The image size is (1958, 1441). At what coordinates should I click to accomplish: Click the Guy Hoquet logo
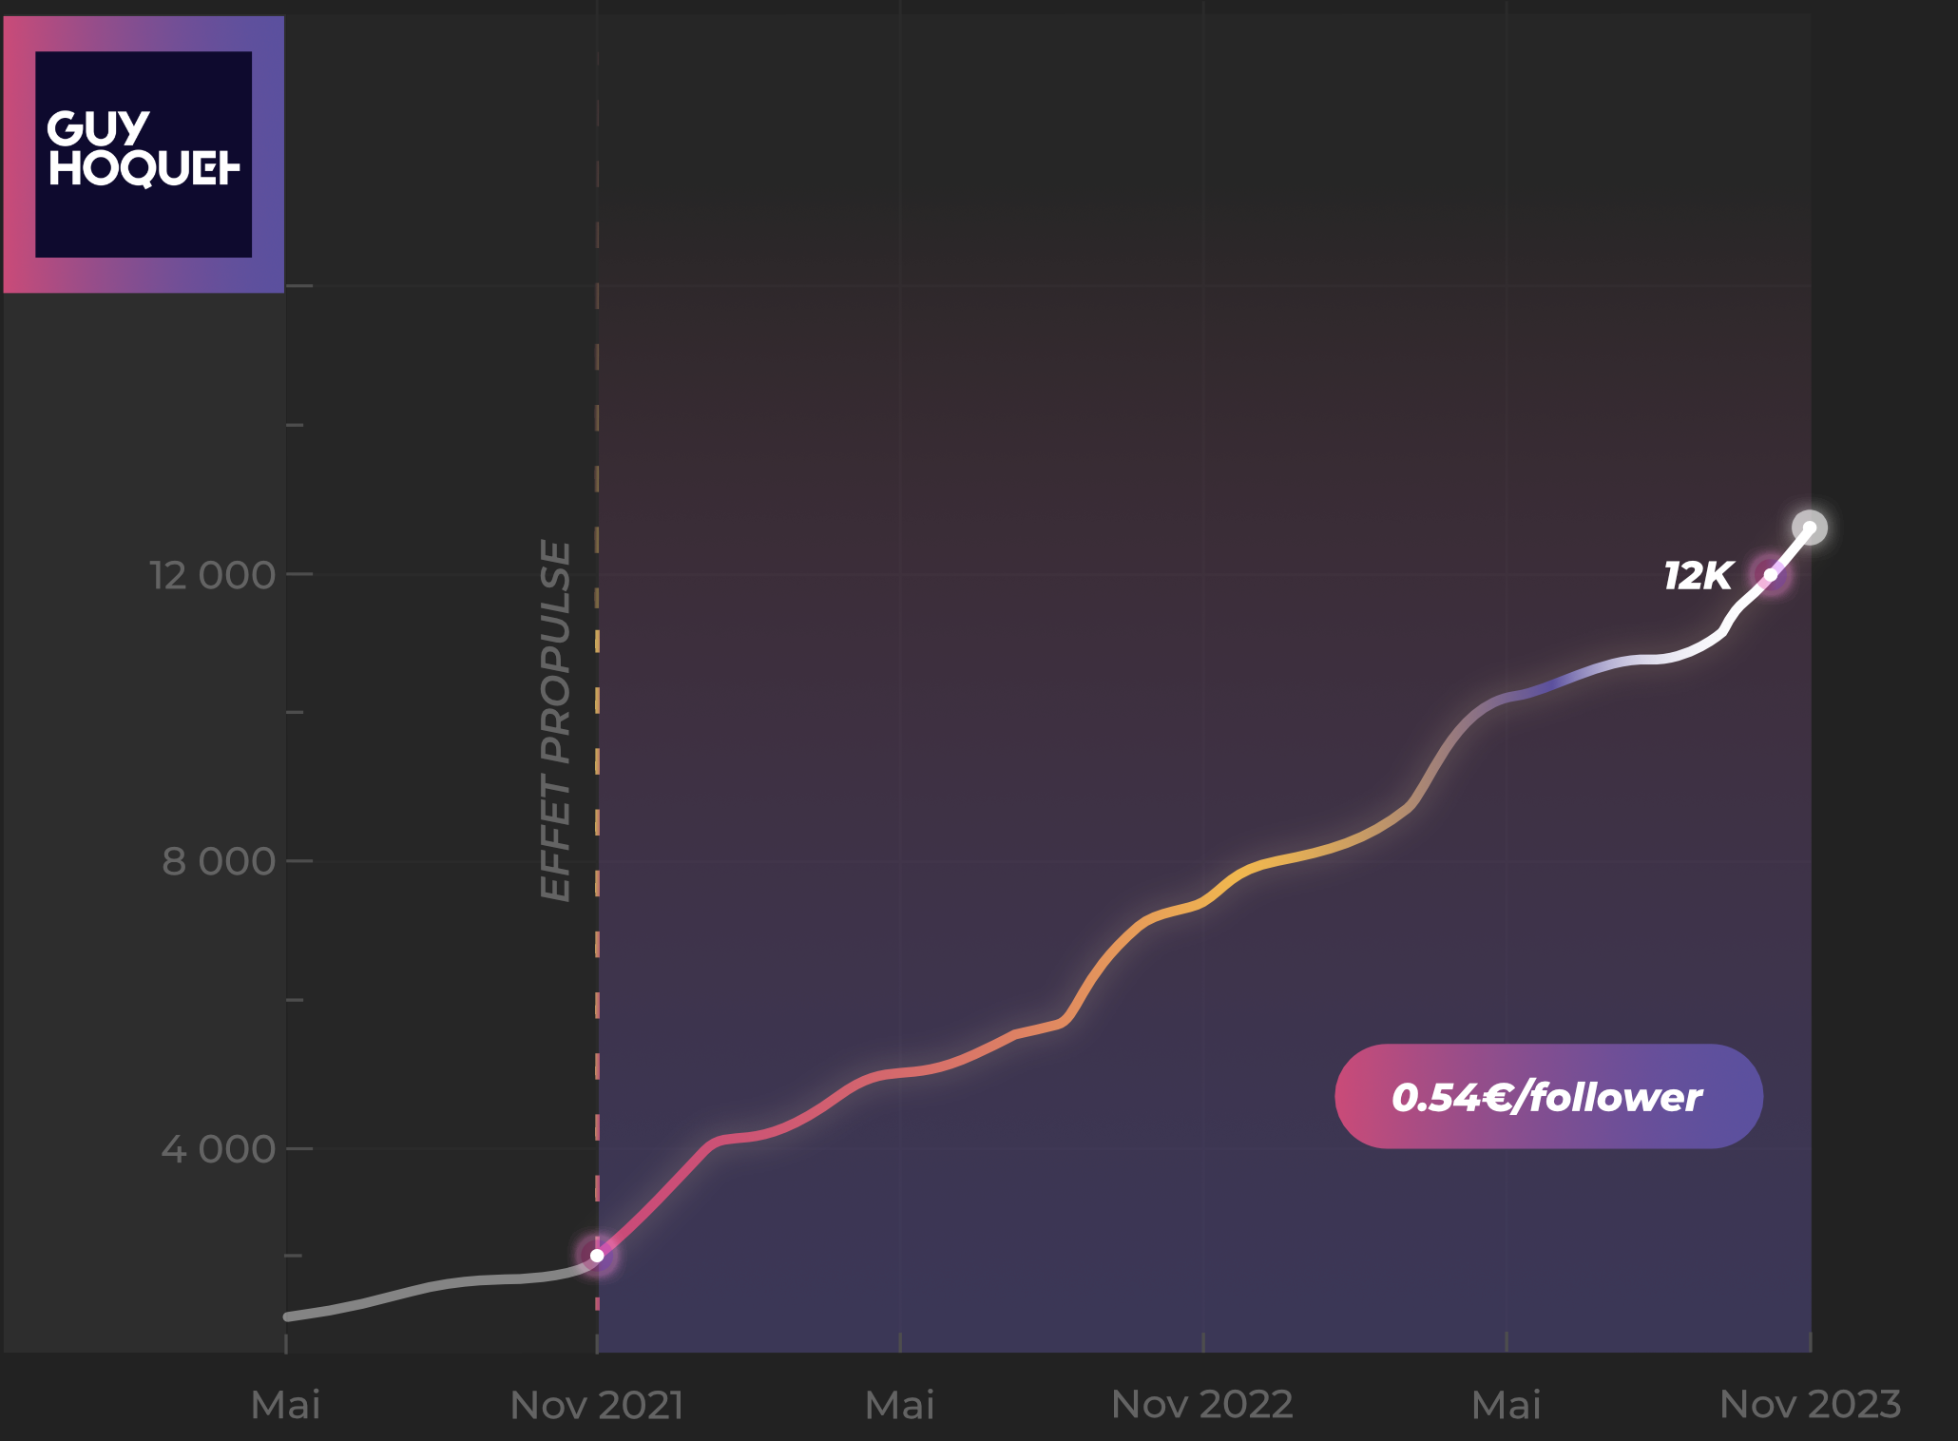[x=144, y=154]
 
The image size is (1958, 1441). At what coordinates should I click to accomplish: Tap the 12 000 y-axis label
[x=212, y=575]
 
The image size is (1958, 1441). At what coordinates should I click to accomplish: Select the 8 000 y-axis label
[x=218, y=861]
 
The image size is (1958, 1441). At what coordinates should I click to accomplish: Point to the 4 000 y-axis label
[x=218, y=1149]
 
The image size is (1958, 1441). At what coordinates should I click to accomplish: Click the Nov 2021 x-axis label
[x=597, y=1405]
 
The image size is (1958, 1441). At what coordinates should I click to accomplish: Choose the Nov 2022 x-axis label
[x=1201, y=1405]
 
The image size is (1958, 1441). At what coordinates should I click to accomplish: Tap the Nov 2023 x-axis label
[x=1810, y=1405]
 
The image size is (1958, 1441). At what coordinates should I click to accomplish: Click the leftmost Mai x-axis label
[x=285, y=1405]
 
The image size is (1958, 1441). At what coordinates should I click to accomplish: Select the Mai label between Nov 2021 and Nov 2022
[x=899, y=1405]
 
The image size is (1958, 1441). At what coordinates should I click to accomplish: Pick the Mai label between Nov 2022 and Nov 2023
[x=1506, y=1405]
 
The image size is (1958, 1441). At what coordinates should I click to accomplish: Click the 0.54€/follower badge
[x=1548, y=1097]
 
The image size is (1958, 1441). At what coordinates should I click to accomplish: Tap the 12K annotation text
[x=1698, y=576]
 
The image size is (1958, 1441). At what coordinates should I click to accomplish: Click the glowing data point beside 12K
[x=1771, y=575]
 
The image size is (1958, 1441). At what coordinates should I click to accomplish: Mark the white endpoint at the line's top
[x=1810, y=528]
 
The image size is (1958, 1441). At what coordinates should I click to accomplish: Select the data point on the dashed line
[x=597, y=1256]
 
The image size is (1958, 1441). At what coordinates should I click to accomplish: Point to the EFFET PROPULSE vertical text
[x=556, y=720]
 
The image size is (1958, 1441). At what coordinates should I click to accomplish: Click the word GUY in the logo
[x=98, y=128]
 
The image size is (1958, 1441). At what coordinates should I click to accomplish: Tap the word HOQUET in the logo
[x=144, y=168]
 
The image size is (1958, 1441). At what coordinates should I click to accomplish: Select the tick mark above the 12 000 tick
[x=295, y=425]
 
